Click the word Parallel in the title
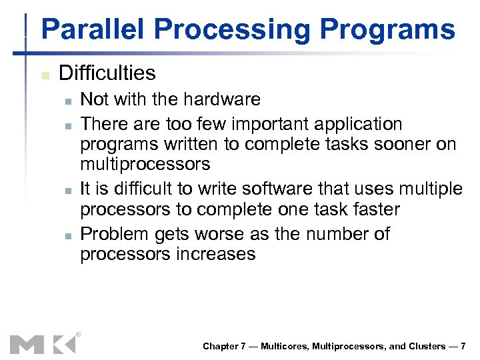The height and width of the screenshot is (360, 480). pos(94,30)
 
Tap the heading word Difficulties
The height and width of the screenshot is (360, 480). pos(107,73)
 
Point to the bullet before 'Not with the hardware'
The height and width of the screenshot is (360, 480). pos(68,101)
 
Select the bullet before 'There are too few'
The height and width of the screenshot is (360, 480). pos(68,125)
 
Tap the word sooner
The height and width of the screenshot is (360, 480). pos(401,144)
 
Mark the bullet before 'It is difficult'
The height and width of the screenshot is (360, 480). pos(68,191)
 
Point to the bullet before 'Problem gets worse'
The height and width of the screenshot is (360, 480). pos(68,235)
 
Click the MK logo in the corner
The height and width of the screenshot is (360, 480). pos(42,344)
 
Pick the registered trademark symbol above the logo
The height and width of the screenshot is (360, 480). pos(78,333)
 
